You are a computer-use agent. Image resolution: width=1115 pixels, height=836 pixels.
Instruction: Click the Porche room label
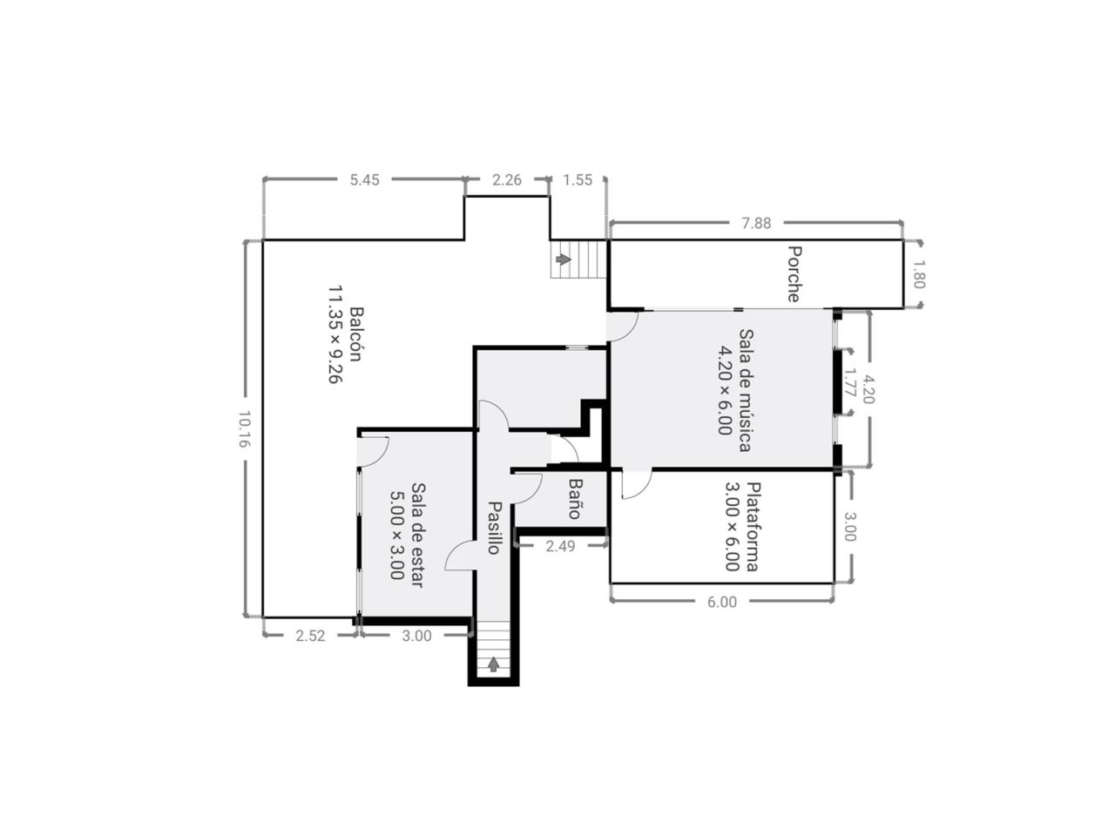tap(794, 273)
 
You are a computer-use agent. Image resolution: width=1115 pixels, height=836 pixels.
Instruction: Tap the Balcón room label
tap(356, 334)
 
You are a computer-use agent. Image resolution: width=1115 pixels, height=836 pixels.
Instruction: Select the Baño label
tap(575, 499)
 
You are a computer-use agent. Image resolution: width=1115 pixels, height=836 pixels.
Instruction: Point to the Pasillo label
tap(494, 528)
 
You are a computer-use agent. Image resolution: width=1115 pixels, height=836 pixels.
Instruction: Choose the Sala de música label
tap(745, 390)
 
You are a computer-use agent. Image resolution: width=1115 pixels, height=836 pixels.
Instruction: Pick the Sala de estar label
tap(417, 535)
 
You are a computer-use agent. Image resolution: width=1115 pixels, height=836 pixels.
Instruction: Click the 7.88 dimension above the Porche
tap(756, 223)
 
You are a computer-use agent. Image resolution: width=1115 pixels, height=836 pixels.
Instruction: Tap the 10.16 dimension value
tap(244, 429)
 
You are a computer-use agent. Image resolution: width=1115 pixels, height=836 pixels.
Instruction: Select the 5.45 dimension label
tap(364, 180)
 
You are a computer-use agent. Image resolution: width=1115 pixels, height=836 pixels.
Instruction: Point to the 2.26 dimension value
tap(506, 180)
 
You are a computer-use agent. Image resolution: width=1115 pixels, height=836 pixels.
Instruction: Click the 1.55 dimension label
tap(578, 180)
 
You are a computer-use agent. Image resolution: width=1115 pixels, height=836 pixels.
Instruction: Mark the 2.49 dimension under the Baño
tap(560, 546)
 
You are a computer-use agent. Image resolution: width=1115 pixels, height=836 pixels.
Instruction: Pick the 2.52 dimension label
tap(310, 636)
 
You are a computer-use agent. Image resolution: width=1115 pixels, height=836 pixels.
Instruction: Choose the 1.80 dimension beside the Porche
tap(918, 274)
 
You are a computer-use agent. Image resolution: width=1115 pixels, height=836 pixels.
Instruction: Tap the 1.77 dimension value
tap(849, 382)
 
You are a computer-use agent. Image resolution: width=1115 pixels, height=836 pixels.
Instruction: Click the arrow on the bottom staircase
tap(493, 664)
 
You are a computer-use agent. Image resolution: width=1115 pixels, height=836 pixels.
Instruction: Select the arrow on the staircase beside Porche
tap(564, 260)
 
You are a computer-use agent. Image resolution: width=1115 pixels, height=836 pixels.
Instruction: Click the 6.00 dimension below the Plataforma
tap(721, 602)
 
